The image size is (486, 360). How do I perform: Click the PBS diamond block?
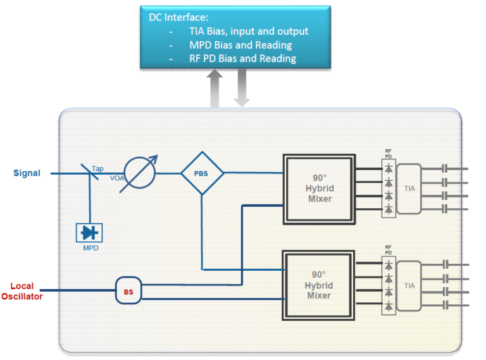tap(202, 173)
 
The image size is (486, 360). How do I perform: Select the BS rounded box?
tap(128, 292)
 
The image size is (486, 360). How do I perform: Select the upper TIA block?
tap(409, 189)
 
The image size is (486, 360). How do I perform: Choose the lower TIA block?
tap(409, 285)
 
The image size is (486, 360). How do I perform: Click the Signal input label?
tap(27, 173)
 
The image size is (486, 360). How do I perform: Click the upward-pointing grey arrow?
tap(215, 88)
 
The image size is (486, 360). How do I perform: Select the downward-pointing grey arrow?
tap(242, 88)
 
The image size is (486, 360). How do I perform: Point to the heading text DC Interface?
tap(178, 17)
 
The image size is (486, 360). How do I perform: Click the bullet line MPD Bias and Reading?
tap(240, 45)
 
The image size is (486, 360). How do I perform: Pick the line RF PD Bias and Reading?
tap(242, 58)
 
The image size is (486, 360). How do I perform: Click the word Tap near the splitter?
tap(97, 169)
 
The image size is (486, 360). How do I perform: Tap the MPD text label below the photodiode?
tap(90, 248)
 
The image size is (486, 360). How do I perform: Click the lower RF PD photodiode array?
tap(389, 285)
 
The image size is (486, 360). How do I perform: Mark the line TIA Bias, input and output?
tap(249, 31)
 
